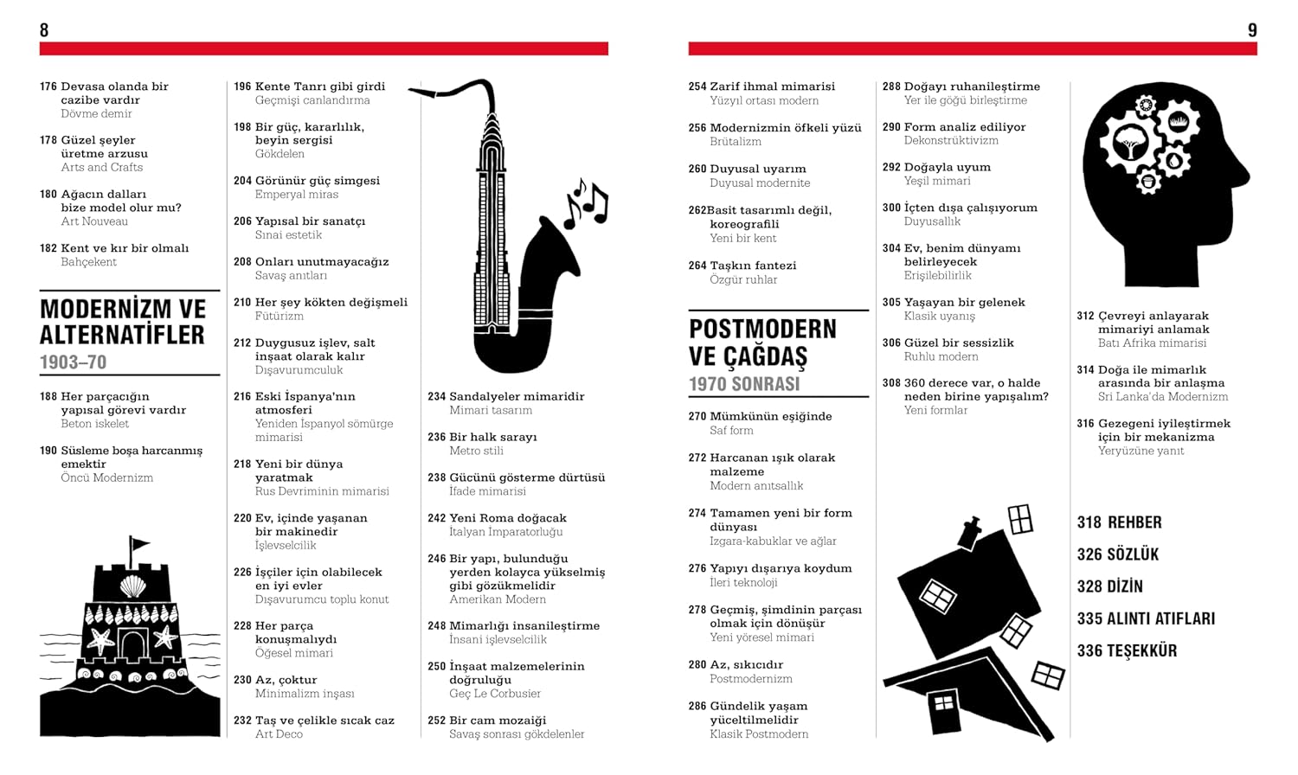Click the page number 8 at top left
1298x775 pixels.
coord(44,30)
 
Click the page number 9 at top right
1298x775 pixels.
coord(1251,30)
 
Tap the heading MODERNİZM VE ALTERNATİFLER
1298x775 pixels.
coord(122,322)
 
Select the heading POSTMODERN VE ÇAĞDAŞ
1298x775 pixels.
coord(762,343)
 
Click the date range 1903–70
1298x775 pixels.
coord(73,362)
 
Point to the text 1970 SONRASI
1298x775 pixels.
coord(744,384)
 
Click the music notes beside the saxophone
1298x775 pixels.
coord(587,203)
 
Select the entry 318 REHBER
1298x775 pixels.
coord(1119,522)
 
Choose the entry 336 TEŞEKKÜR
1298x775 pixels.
coord(1127,650)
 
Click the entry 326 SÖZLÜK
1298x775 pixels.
coord(1117,554)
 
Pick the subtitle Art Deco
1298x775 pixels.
coord(279,734)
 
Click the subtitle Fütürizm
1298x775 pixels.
coord(279,316)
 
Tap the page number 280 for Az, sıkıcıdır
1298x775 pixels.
coord(697,665)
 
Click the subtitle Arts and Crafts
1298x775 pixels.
coord(101,167)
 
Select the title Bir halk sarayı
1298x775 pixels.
coord(493,437)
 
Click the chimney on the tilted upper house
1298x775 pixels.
coord(971,529)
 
